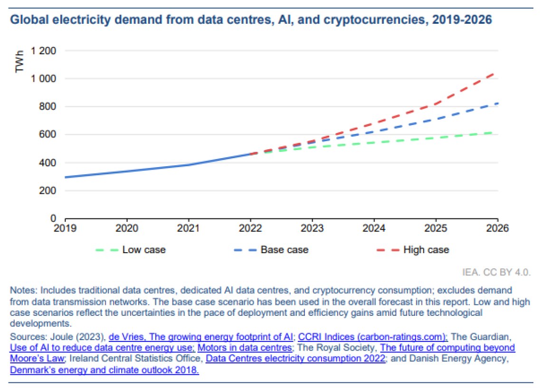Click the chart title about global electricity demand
click(x=251, y=20)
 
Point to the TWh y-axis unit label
click(x=20, y=63)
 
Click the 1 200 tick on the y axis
click(x=43, y=50)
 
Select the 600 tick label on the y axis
click(x=47, y=134)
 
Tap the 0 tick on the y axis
click(x=54, y=218)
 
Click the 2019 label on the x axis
click(x=65, y=228)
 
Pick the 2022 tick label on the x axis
click(x=250, y=228)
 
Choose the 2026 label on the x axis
click(x=497, y=228)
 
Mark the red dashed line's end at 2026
click(x=497, y=73)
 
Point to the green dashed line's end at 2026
click(x=497, y=132)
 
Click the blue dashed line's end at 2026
click(x=497, y=103)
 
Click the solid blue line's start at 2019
click(x=65, y=177)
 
